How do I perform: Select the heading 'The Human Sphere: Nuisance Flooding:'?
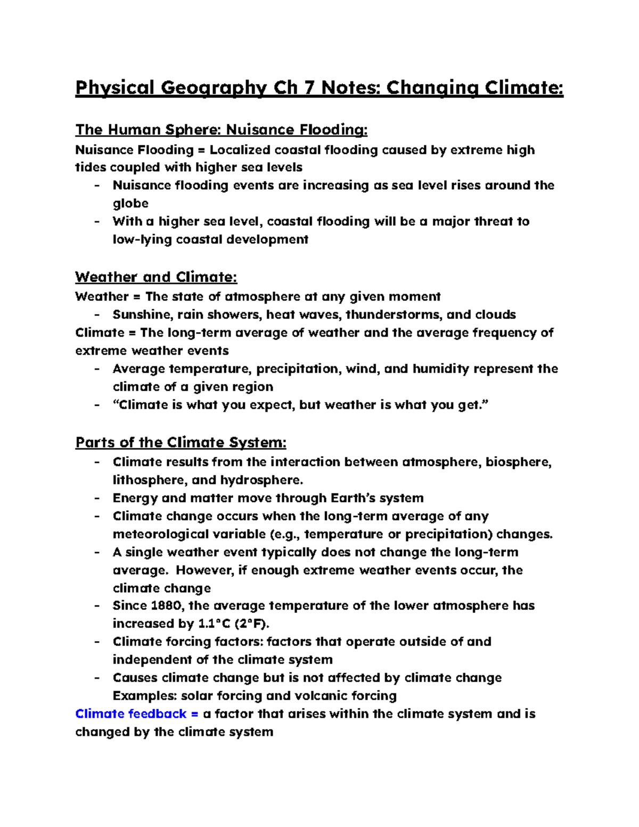221,130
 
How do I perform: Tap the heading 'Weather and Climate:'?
156,277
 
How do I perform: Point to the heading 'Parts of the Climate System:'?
181,443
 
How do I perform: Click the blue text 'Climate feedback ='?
136,714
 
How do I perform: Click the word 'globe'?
130,203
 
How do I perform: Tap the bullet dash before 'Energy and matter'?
97,498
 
